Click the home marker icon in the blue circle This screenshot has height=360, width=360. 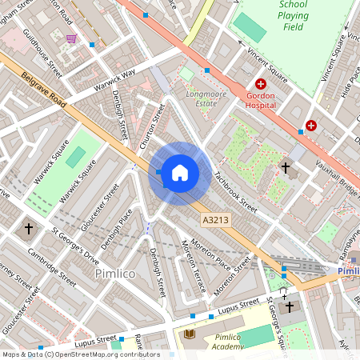180,172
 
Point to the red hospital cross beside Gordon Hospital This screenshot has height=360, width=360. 261,84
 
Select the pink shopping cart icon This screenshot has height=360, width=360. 72,38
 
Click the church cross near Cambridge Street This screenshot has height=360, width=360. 29,229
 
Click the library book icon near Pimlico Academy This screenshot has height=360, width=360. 190,334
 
